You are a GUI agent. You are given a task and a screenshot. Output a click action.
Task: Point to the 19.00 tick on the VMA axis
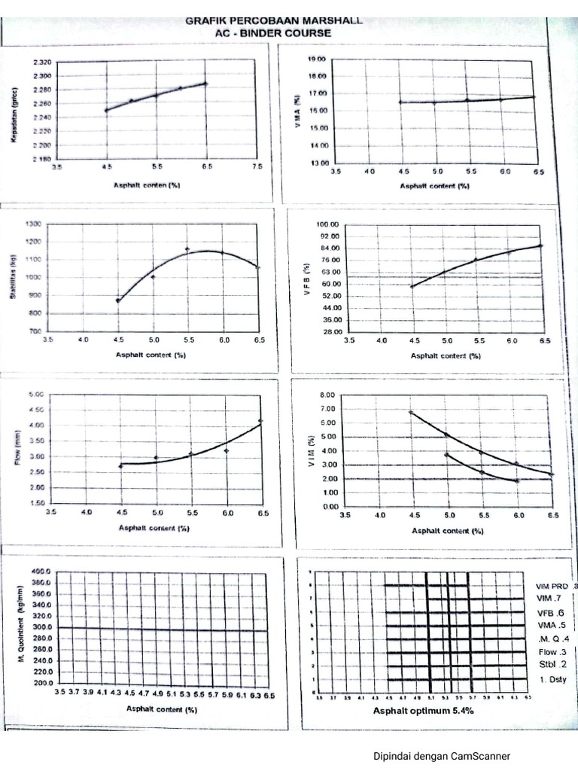click(316, 59)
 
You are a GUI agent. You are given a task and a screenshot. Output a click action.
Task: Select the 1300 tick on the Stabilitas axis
click(33, 224)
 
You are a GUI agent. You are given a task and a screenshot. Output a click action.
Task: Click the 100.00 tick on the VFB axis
click(329, 224)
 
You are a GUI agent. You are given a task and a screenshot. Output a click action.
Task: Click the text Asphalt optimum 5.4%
click(423, 710)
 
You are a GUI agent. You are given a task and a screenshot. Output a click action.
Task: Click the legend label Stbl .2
click(552, 664)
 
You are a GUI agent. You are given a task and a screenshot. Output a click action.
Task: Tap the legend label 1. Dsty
click(553, 681)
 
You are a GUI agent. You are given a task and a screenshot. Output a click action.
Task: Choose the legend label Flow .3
click(552, 651)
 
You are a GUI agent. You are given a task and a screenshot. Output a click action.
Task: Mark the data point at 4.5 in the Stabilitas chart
click(118, 300)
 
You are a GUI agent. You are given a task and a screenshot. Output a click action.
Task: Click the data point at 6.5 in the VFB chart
click(540, 245)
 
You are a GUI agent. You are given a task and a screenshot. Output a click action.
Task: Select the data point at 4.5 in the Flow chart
click(120, 466)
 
